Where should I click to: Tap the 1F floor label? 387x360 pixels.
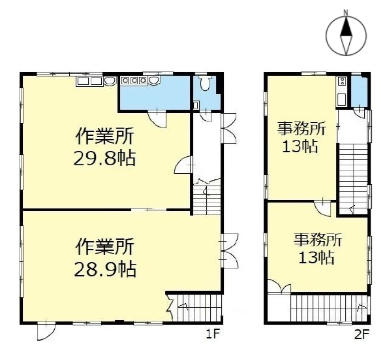point(211,336)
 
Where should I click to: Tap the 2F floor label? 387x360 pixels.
point(362,336)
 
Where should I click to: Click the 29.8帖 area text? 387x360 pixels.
point(106,157)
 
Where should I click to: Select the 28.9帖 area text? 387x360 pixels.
point(106,268)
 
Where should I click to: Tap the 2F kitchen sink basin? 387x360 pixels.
point(341,100)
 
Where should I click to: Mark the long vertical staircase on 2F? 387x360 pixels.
point(353,170)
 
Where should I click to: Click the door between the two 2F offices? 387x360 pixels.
point(322,208)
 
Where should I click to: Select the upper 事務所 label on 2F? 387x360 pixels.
point(300,128)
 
